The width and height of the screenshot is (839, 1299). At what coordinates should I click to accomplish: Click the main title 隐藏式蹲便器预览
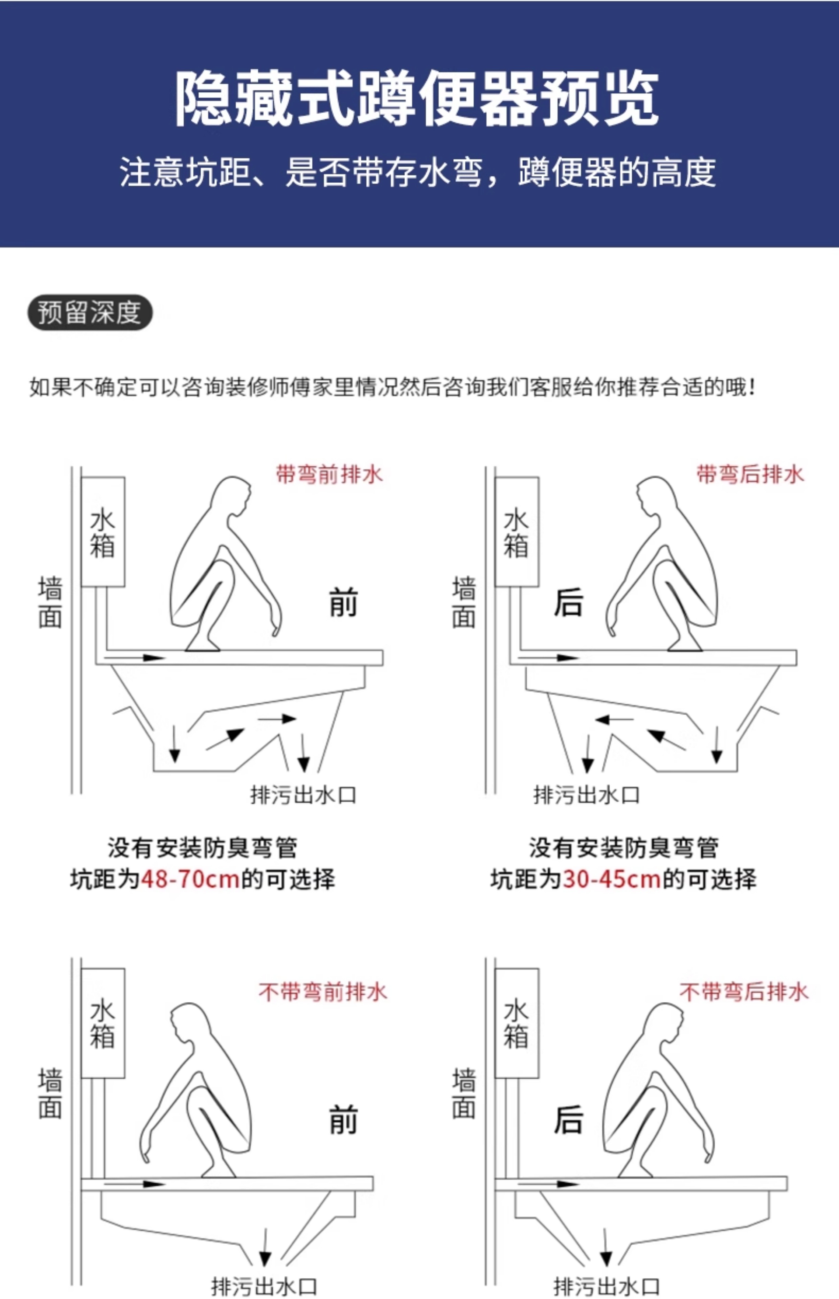(x=417, y=99)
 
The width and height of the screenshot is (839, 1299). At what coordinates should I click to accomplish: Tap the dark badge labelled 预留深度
(x=90, y=312)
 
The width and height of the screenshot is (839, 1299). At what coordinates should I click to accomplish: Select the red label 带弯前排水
(x=330, y=474)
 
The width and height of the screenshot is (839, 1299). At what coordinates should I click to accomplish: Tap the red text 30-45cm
(x=612, y=879)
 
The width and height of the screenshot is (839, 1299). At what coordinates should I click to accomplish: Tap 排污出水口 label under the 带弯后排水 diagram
(x=587, y=795)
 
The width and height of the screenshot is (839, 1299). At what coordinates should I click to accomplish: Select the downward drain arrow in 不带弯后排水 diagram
(x=605, y=1247)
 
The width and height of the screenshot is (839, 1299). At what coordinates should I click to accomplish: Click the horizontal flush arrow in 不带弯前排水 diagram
(x=135, y=1184)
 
